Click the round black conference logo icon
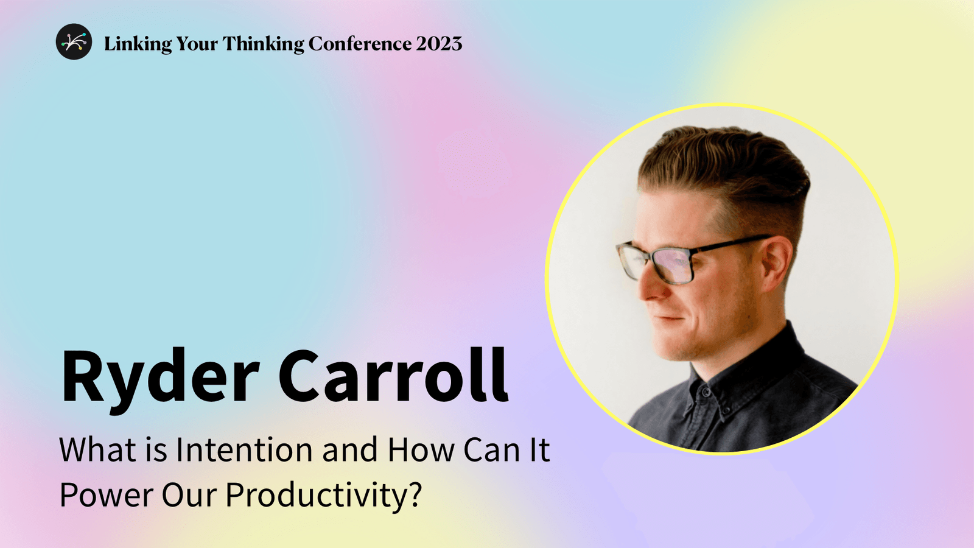(74, 42)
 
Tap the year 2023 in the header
(439, 44)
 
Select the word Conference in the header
(360, 44)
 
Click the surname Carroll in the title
(393, 376)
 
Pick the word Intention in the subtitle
(245, 450)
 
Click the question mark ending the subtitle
(415, 494)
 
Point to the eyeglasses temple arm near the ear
(740, 243)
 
